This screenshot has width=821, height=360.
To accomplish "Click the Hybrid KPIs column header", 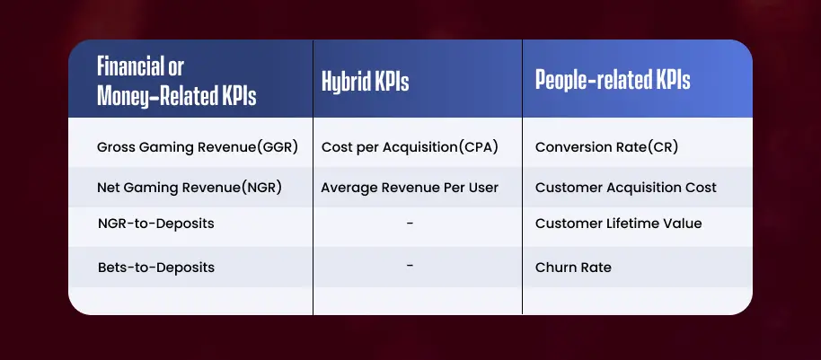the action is pos(365,81).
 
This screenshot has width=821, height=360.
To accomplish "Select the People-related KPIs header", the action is pos(613,81).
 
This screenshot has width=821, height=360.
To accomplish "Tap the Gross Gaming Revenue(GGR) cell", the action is pos(198,147).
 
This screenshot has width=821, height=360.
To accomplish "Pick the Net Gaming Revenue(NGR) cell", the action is pos(190,188).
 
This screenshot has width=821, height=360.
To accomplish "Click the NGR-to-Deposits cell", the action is pos(156,224).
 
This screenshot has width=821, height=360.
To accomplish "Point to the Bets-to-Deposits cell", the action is pos(156,268).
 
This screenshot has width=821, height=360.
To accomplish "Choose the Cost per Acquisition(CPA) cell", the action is pos(410,147).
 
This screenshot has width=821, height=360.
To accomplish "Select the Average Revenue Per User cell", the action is pos(410,188).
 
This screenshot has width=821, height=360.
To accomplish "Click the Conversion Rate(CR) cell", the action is pos(606,147).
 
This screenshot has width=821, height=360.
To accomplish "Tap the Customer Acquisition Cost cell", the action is pos(626,188).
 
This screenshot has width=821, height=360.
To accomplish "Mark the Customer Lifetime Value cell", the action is pos(618,224).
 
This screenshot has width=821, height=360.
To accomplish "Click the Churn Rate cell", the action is pos(573,268).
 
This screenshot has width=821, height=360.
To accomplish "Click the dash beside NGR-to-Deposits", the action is pos(410,224).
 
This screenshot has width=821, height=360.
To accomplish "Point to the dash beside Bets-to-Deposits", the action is pos(410,266).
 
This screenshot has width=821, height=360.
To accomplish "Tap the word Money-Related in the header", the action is pos(157,96).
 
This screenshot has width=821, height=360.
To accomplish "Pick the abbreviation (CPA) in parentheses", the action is pos(478,147).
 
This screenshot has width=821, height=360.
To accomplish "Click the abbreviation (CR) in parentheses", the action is pos(663,147).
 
